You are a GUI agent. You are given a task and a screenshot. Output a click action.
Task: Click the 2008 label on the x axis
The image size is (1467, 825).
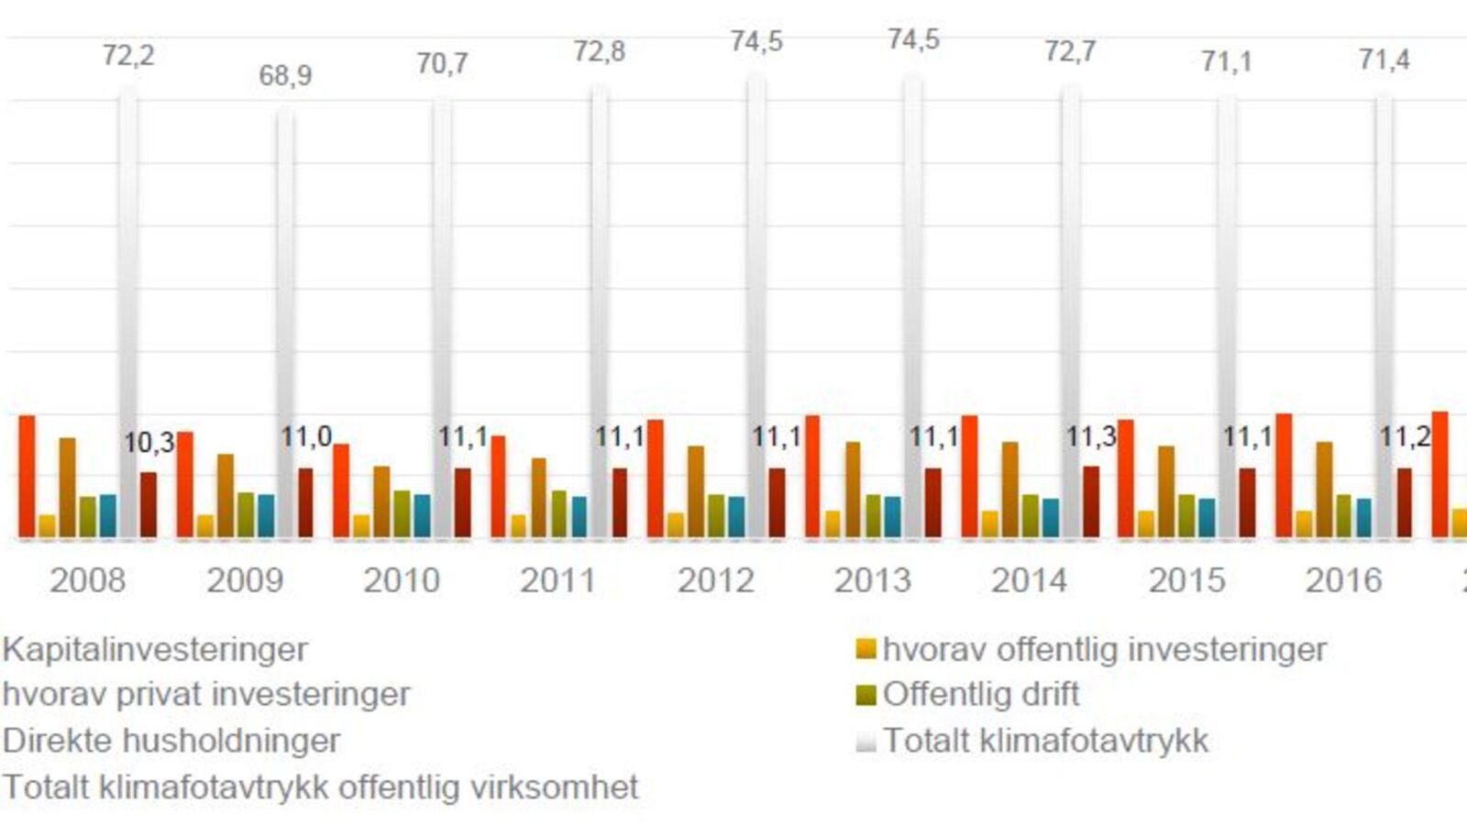coord(87,580)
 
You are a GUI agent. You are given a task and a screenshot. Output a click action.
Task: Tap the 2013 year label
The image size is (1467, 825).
coord(872,580)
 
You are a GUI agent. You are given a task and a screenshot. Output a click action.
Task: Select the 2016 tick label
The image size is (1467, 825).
coord(1343,580)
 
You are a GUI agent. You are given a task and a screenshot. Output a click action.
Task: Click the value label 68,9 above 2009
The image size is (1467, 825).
coord(285,75)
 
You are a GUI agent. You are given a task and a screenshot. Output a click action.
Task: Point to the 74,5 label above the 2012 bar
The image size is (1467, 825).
coord(756,42)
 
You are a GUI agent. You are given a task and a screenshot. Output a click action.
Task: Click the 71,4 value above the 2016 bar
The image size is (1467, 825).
coord(1384,60)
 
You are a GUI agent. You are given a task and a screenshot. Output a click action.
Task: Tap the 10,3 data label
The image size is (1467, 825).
coord(149,444)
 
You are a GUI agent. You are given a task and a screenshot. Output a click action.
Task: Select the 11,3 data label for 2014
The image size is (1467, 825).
coord(1090,437)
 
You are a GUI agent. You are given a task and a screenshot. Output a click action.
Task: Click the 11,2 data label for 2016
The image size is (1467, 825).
coord(1405,437)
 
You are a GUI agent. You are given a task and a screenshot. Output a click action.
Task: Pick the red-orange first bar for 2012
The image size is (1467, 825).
coord(656,477)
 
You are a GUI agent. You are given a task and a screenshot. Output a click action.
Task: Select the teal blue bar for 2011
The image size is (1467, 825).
coord(579,516)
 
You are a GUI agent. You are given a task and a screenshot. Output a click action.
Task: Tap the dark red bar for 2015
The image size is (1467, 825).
coord(1247,502)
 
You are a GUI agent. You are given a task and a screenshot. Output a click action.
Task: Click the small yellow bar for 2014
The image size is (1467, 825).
coord(990,523)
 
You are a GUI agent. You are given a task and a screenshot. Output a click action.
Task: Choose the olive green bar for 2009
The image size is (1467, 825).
coord(246,513)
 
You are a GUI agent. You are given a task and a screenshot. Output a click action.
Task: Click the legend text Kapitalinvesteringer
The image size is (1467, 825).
coord(155,649)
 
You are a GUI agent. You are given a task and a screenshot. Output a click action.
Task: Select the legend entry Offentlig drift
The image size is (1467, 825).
coord(980,694)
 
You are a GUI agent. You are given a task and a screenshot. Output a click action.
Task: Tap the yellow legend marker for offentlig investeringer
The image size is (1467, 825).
coord(866,649)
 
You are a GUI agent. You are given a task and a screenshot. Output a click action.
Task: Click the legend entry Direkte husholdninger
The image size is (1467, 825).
coord(171,740)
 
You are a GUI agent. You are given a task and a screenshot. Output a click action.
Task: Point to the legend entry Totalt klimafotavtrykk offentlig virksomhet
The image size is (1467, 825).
coord(320,786)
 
